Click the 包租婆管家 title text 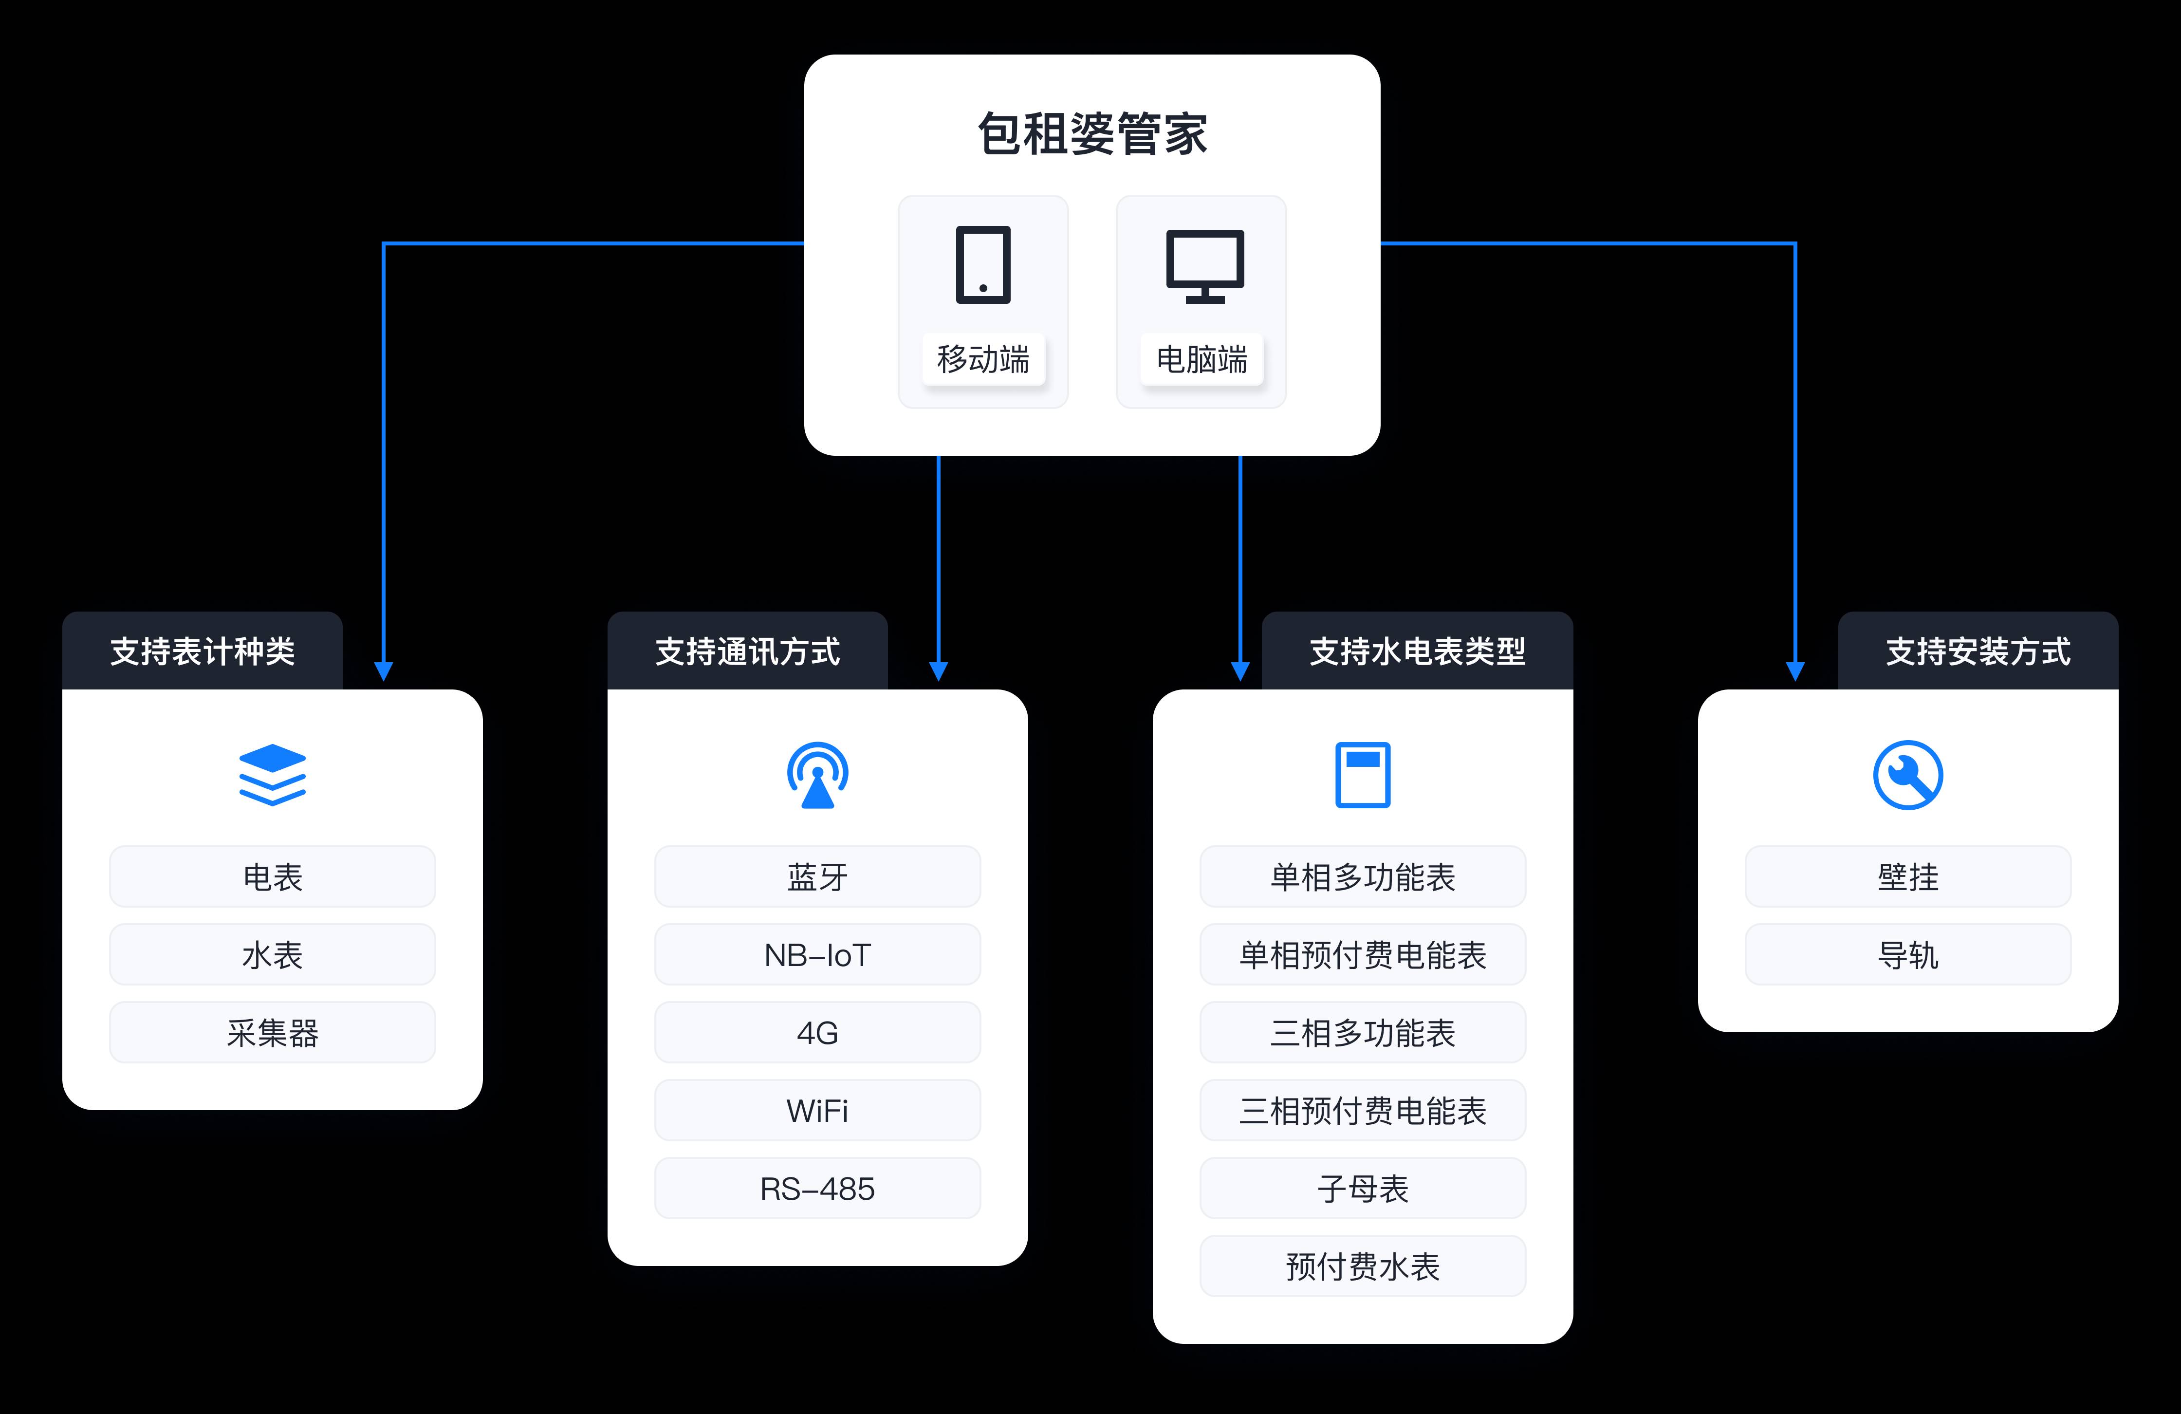(1092, 135)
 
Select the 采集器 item (272, 1033)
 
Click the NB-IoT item (817, 955)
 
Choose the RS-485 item (817, 1189)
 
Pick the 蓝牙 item (817, 877)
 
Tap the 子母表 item (1363, 1189)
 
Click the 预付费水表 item (1363, 1266)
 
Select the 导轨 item (1908, 955)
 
